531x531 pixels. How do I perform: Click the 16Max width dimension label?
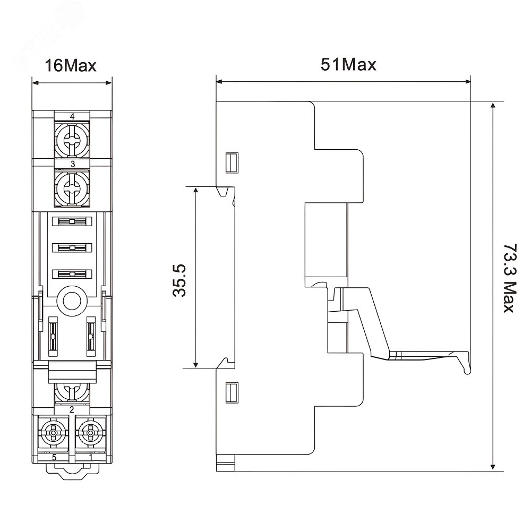(71, 65)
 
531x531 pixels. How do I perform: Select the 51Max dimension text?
(348, 64)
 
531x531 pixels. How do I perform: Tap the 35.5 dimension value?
(179, 280)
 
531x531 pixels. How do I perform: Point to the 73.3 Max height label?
(510, 278)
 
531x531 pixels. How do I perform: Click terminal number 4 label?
(72, 116)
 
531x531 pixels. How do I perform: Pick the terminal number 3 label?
(72, 164)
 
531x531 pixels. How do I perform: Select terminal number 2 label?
(72, 410)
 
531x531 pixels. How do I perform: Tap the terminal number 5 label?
(54, 458)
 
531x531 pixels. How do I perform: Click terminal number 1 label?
(90, 458)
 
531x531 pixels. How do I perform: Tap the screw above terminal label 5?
(54, 433)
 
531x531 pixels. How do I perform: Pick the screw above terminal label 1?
(90, 433)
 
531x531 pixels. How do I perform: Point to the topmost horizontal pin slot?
(72, 221)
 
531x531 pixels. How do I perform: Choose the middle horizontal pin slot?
(72, 248)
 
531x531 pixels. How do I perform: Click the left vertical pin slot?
(53, 336)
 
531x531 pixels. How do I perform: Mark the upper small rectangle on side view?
(232, 163)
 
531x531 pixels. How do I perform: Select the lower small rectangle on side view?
(232, 392)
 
